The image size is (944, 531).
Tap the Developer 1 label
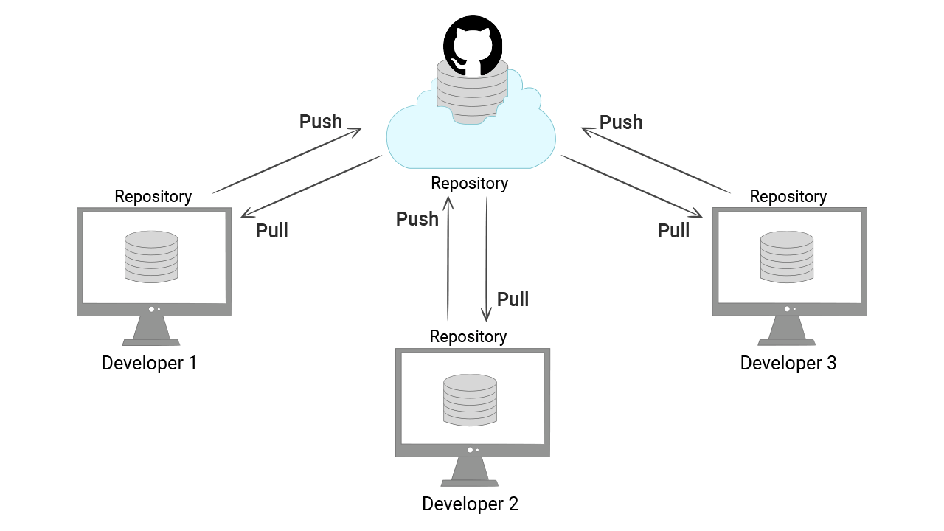149,363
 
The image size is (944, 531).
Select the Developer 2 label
470,504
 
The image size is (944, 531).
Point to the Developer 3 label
788,363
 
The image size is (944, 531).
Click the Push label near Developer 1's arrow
321,122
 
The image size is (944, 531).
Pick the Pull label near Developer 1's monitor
271,231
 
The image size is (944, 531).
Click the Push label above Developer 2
417,219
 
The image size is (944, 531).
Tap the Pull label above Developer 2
513,299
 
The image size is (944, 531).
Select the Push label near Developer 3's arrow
621,122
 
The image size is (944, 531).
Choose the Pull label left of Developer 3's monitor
673,231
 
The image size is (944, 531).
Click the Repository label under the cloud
470,183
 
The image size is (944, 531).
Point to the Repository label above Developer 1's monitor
153,196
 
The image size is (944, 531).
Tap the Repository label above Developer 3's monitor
788,196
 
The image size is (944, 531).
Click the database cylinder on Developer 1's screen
151,257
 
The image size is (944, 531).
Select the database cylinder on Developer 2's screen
470,399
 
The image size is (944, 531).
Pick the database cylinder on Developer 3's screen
787,257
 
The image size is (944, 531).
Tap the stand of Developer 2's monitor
470,472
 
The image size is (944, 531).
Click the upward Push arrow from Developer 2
448,258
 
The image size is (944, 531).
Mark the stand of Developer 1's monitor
151,331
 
